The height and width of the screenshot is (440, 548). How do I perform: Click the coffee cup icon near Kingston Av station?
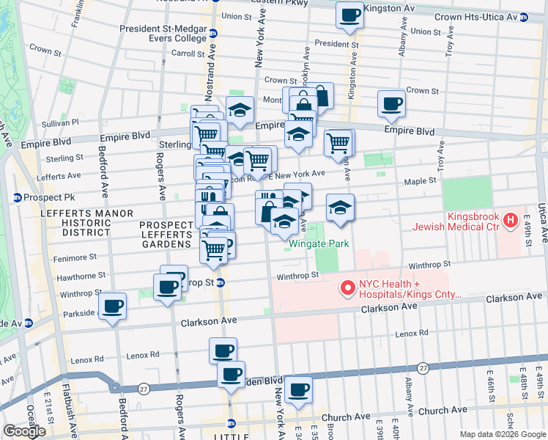pos(349,15)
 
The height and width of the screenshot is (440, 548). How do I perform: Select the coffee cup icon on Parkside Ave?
pos(112,306)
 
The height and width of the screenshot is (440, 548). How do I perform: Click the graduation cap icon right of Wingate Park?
pos(341,208)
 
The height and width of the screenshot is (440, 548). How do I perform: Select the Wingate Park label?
pos(318,243)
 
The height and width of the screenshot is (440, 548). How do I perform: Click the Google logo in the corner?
pos(25,431)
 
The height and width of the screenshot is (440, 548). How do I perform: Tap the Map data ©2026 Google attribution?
pos(503,434)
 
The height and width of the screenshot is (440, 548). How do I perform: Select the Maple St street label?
pos(421,180)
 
